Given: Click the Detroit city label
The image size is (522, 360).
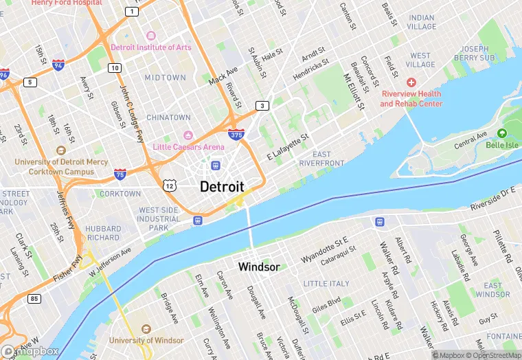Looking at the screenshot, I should click(x=222, y=186).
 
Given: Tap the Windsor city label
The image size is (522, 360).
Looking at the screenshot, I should click(x=258, y=267).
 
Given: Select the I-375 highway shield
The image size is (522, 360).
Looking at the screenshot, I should click(x=236, y=135).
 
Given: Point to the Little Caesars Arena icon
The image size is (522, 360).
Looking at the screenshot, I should click(x=188, y=135).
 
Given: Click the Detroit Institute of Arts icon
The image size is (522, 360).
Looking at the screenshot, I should click(x=152, y=35).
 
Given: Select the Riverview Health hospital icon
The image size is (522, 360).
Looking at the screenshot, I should click(x=411, y=82).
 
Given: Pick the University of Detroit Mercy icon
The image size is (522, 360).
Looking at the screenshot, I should click(x=61, y=150).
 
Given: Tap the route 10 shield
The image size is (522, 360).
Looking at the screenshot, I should click(x=115, y=67).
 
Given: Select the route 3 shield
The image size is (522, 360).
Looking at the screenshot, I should click(x=262, y=105).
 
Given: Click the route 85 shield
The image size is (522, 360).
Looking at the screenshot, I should click(x=34, y=298).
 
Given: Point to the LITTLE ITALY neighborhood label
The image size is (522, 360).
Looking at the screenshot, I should click(x=326, y=284).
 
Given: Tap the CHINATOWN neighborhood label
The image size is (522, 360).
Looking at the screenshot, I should click(x=168, y=117).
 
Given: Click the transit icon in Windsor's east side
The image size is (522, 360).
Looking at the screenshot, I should click(x=379, y=221).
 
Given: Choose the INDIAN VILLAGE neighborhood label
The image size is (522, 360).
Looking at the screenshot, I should click(x=421, y=22).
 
